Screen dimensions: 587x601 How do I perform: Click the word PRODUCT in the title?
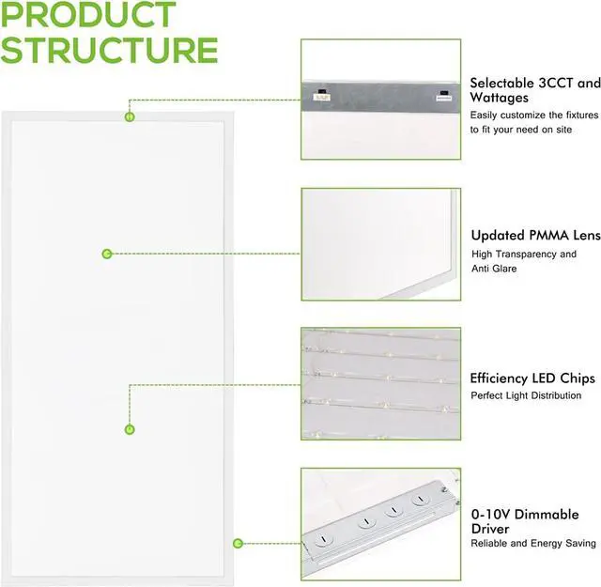point(89,16)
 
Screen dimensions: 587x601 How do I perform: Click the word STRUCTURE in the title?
point(109,49)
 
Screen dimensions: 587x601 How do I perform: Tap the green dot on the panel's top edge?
point(130,116)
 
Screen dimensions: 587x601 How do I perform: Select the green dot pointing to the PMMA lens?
point(107,254)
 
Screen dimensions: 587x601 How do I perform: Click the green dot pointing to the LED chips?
point(130,429)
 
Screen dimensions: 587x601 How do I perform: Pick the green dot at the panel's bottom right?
point(239,543)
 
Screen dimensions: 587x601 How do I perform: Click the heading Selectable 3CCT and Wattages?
point(534,90)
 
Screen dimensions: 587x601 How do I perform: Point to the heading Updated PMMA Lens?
point(534,236)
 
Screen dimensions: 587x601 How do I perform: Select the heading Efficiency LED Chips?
point(532,378)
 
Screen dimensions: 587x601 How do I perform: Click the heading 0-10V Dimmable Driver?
point(524,521)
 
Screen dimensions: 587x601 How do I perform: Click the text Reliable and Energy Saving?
point(532,544)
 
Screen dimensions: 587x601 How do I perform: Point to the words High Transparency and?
point(524,254)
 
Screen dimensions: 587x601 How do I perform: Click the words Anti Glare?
point(494,269)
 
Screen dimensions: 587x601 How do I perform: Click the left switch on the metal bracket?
point(321,94)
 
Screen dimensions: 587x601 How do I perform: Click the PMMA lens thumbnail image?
point(380,244)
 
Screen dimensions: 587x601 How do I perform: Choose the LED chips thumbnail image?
point(380,383)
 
